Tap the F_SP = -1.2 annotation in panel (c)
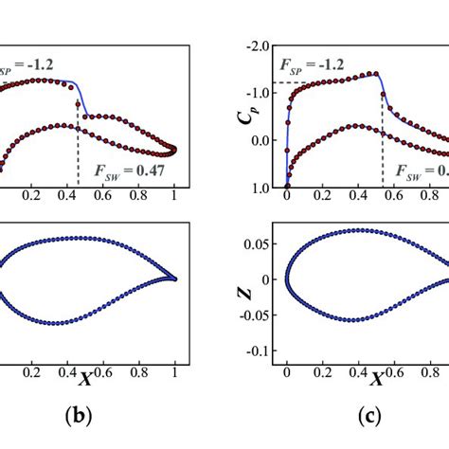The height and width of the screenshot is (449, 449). click(x=313, y=67)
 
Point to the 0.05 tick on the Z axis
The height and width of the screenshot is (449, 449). click(x=256, y=244)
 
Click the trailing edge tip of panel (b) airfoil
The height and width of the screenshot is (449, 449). click(x=176, y=279)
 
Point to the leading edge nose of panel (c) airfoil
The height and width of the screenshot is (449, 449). click(x=287, y=279)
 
